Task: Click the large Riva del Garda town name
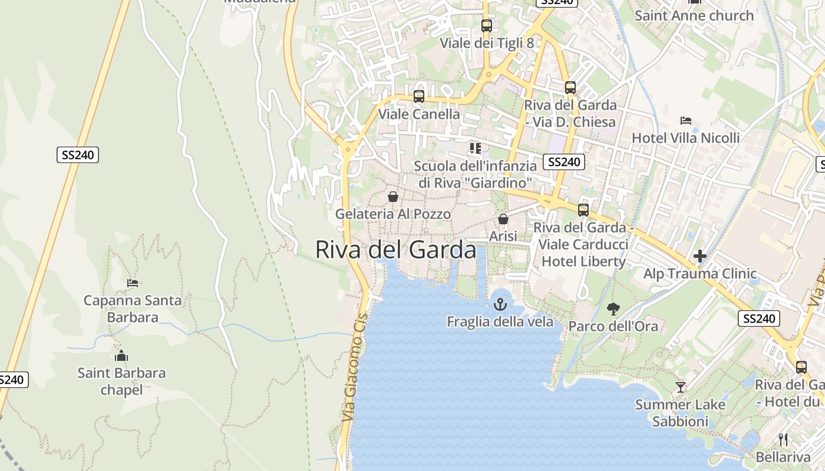pos(395,250)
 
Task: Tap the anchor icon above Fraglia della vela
pos(500,304)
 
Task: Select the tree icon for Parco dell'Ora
pos(613,309)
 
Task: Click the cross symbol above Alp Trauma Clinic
pos(700,256)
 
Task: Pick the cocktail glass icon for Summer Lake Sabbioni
pos(681,387)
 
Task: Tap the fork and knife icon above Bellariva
pos(783,440)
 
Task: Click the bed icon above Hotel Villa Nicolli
pos(686,121)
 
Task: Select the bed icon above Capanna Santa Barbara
pos(133,283)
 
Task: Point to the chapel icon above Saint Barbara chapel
pos(121,356)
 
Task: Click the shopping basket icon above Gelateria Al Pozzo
pos(393,197)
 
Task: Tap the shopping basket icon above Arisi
pos(503,219)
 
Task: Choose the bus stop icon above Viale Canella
pos(419,97)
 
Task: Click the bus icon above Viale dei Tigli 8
pos(487,26)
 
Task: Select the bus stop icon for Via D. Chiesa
pos(570,88)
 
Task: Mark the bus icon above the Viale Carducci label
pos(583,210)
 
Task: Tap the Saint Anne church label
pos(694,16)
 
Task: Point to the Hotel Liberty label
pos(583,261)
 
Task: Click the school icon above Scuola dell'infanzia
pos(476,148)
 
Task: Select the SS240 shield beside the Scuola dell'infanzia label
pos(564,162)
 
